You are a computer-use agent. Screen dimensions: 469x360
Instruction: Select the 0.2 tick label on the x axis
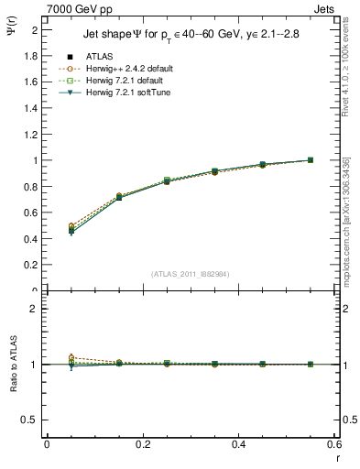(142, 444)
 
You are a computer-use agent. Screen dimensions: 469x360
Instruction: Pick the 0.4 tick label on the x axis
(238, 444)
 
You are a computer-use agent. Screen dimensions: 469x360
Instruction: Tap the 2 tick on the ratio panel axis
(34, 309)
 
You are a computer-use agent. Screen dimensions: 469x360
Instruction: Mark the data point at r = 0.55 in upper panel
(311, 160)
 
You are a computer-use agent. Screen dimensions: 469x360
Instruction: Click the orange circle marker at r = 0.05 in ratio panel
(71, 358)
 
